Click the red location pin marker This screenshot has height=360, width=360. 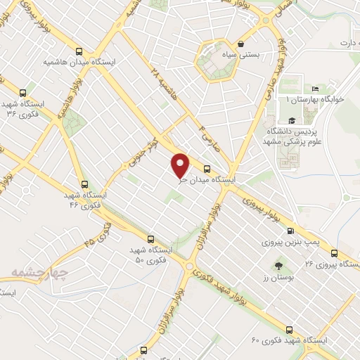click(181, 165)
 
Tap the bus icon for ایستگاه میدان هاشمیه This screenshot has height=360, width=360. click(79, 51)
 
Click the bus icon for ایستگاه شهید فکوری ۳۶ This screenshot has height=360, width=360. click(23, 92)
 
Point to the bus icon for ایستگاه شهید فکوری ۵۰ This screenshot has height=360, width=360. click(150, 239)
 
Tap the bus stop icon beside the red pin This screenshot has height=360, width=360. click(207, 169)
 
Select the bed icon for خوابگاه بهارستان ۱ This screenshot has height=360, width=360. click(315, 89)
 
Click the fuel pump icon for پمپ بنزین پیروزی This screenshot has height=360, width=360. click(290, 231)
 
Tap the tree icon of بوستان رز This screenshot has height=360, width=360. click(278, 266)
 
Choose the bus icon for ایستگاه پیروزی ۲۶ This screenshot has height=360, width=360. click(334, 254)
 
